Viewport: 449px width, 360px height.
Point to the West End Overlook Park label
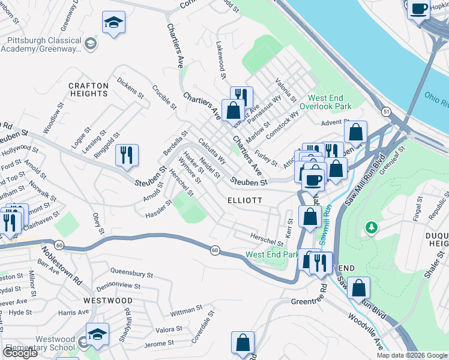pyautogui.click(x=330, y=101)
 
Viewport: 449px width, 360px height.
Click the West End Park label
pyautogui.click(x=272, y=254)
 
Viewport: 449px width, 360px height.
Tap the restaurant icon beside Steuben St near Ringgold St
pyautogui.click(x=127, y=155)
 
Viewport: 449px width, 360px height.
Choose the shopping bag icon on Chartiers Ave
pyautogui.click(x=233, y=110)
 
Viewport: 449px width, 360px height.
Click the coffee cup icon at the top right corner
pyautogui.click(x=419, y=9)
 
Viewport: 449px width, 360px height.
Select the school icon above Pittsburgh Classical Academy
pyautogui.click(x=113, y=22)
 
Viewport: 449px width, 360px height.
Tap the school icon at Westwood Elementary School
pyautogui.click(x=97, y=334)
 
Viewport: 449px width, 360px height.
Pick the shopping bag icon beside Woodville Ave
pyautogui.click(x=358, y=288)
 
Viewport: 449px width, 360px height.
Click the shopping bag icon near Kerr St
pyautogui.click(x=310, y=217)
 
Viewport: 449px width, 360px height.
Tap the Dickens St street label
pyautogui.click(x=131, y=87)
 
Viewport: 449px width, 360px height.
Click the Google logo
pyautogui.click(x=19, y=353)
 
